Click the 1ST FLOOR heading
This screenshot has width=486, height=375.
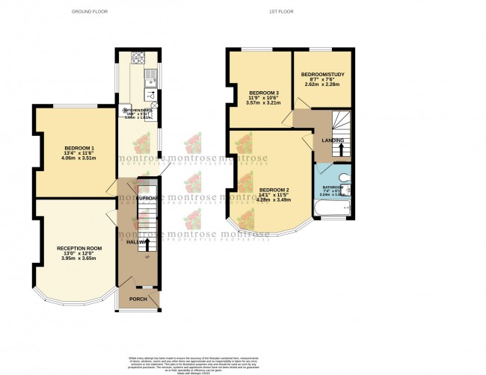pos(279,12)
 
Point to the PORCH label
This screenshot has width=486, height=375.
pos(138,299)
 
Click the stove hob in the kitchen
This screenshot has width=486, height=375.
pos(137,57)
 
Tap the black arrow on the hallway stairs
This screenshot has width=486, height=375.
pos(147,244)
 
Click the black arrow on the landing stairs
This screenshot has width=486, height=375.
pos(341,149)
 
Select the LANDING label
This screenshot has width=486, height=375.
pos(333,140)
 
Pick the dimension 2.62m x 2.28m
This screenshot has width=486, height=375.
pos(321,85)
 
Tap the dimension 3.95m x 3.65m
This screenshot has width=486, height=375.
pos(79,258)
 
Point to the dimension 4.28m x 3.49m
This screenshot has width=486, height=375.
pos(274,200)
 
